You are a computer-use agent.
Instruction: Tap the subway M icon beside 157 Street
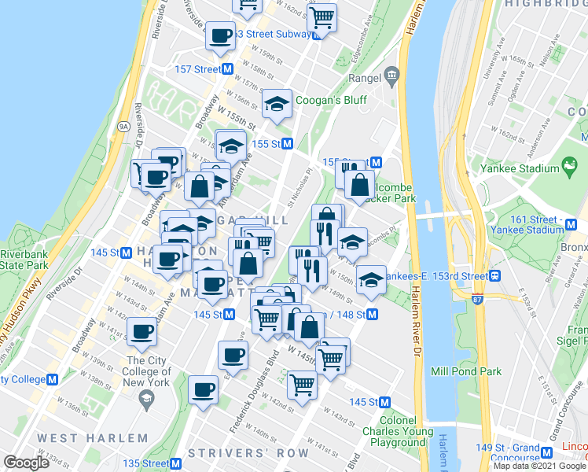click(x=228, y=69)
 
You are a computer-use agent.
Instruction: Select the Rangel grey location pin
click(x=391, y=77)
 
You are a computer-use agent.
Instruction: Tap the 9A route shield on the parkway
click(x=123, y=125)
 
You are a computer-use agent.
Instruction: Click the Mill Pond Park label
click(x=467, y=371)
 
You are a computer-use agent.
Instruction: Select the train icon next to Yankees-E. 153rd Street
click(x=495, y=276)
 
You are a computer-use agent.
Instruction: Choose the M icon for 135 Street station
click(x=208, y=463)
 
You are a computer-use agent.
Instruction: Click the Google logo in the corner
click(x=27, y=463)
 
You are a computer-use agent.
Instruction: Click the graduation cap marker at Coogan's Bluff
click(x=276, y=105)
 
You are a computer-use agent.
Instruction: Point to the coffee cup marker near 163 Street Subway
click(x=220, y=36)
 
